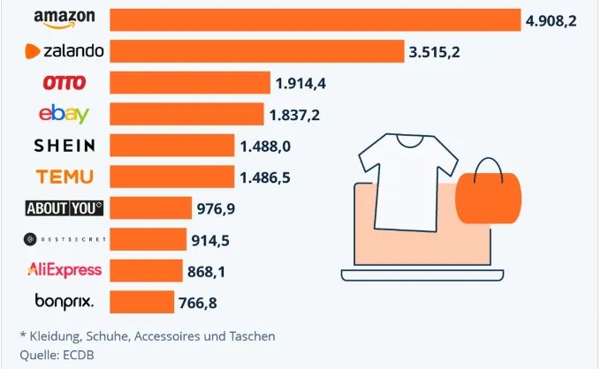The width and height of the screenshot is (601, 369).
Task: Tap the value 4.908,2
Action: pos(551,19)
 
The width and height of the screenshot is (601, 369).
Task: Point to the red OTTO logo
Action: pos(65,83)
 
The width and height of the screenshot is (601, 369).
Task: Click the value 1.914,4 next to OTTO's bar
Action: pos(301,83)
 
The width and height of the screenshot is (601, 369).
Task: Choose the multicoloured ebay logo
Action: pos(65,114)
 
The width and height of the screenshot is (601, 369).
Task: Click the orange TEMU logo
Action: pos(65,177)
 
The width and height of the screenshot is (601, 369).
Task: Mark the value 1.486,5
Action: pos(265,177)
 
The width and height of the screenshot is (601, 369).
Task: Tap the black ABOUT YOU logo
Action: pos(65,208)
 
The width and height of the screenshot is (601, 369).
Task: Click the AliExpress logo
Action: pos(65,270)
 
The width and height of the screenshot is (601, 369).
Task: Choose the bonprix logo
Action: pos(65,302)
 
